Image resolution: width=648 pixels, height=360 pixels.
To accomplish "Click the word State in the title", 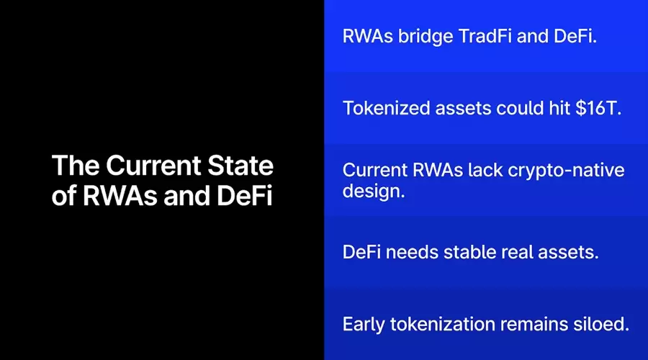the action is coord(240,166).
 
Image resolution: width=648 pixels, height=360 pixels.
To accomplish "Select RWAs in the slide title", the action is coord(120,196).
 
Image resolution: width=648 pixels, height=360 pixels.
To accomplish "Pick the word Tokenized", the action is coord(386,108).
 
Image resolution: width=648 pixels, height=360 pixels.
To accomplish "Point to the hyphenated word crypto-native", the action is coord(566,171).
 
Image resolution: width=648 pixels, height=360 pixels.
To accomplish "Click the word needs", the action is coord(412,252).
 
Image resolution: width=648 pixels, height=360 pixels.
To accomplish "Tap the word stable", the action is coord(469,252).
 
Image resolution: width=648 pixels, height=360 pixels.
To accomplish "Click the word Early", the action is coord(364,325).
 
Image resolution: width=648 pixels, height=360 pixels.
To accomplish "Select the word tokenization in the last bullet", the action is coord(442,324).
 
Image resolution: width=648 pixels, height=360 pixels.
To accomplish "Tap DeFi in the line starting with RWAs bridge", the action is coord(575,36).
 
